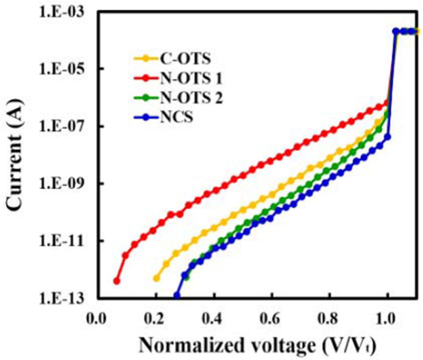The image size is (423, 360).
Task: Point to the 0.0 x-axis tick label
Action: pyautogui.click(x=98, y=319)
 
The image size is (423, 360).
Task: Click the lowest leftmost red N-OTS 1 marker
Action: pyautogui.click(x=117, y=281)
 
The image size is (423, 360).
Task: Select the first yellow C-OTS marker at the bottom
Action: pyautogui.click(x=156, y=278)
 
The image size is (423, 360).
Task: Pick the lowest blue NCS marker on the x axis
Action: pyautogui.click(x=177, y=295)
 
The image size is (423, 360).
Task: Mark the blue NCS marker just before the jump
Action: pyautogui.click(x=388, y=137)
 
